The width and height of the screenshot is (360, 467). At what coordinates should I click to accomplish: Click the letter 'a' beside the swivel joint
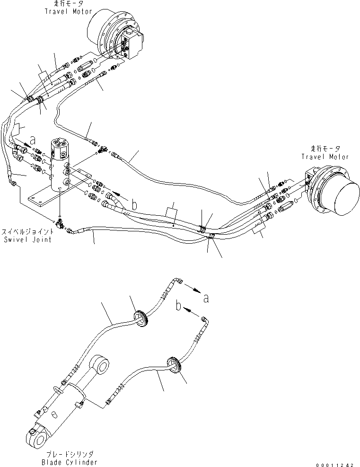tap(32, 140)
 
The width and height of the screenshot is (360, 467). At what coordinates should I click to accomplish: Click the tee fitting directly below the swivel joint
tap(61, 221)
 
